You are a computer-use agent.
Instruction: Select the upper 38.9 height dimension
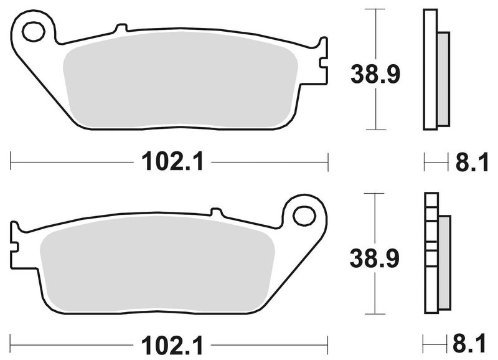[374, 75]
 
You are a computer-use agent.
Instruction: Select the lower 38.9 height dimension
[374, 257]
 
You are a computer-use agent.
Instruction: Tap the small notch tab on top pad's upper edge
[121, 27]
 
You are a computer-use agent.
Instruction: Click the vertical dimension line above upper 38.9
[374, 31]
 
